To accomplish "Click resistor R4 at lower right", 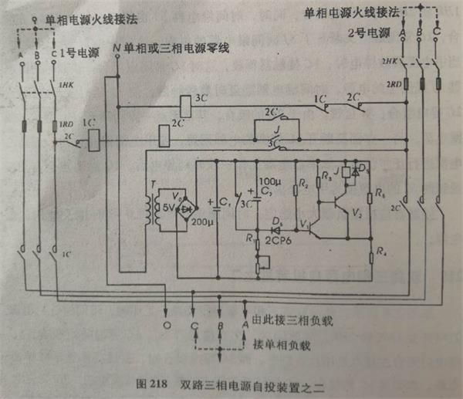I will pos(372,250).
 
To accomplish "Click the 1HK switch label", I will pos(66,86).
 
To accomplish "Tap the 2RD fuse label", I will pos(393,84).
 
